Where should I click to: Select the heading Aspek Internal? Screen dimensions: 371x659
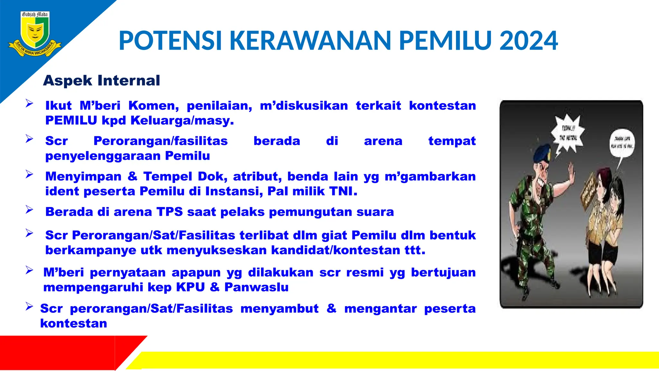click(101, 81)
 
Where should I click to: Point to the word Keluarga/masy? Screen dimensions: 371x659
click(182, 120)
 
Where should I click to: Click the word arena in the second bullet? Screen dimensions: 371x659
click(383, 141)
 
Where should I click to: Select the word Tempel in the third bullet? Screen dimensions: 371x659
click(168, 176)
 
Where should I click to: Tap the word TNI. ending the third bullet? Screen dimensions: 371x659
click(343, 191)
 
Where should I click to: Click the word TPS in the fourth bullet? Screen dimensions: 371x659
click(170, 212)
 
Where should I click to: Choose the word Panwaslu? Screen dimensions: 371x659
click(256, 287)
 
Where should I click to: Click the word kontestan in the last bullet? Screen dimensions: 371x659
click(74, 323)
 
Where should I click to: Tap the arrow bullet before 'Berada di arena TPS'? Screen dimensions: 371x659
click(29, 210)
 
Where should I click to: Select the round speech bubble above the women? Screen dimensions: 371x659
click(622, 143)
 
